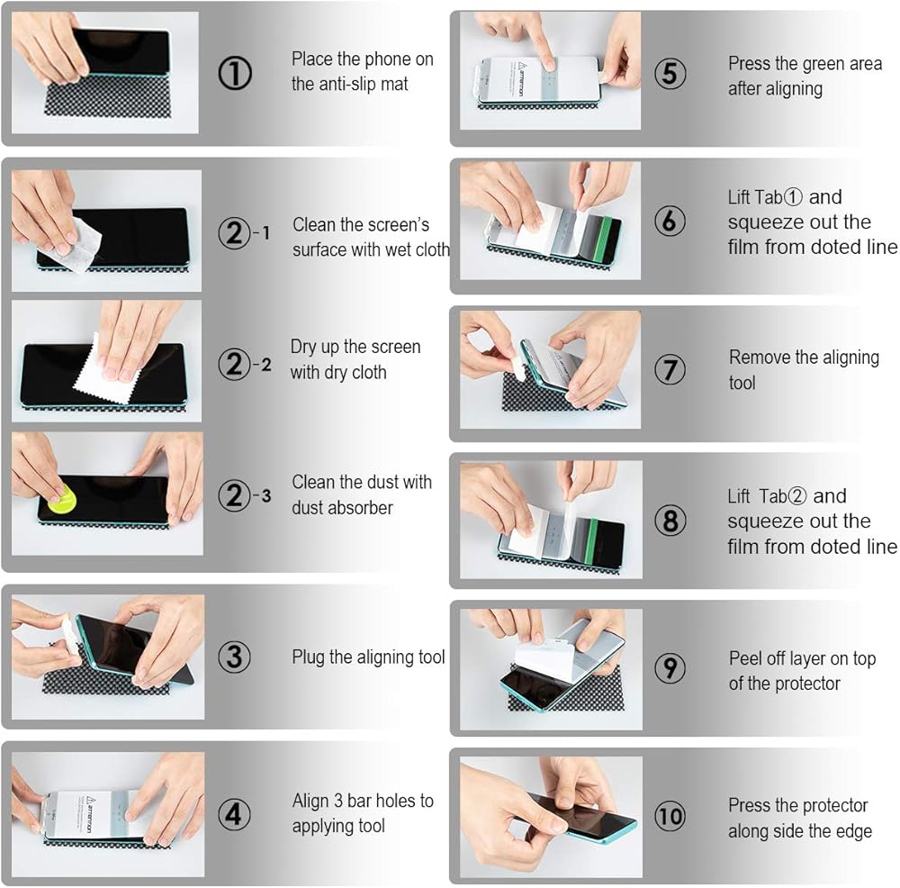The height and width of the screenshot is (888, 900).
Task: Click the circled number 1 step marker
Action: [x=235, y=74]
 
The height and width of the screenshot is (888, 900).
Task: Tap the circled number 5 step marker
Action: [x=670, y=74]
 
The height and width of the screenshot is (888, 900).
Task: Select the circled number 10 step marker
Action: [x=670, y=816]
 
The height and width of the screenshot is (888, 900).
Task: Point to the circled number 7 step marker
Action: [x=670, y=369]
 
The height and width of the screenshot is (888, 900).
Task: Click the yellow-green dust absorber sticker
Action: [x=62, y=498]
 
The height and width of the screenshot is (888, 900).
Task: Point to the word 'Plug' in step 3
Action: [x=309, y=657]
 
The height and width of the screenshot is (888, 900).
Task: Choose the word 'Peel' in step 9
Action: [x=744, y=658]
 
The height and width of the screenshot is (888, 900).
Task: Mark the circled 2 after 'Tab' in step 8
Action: [x=796, y=496]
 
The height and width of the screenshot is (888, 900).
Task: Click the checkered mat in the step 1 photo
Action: [x=107, y=99]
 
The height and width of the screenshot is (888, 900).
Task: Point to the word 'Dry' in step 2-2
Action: [x=303, y=348]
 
